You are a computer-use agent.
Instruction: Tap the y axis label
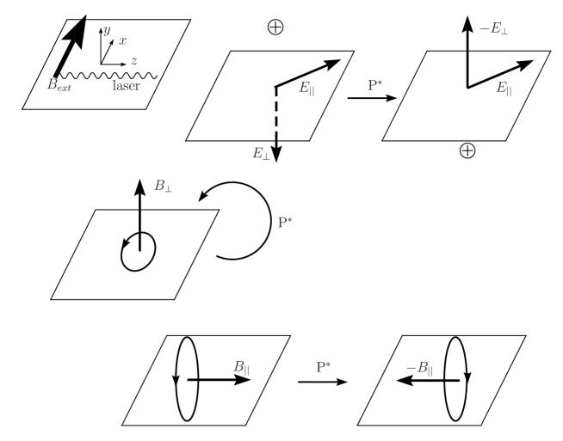click(107, 31)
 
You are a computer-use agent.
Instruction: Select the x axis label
click(122, 40)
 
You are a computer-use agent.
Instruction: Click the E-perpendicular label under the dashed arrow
click(260, 154)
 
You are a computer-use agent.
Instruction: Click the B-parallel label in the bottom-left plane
click(244, 364)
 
